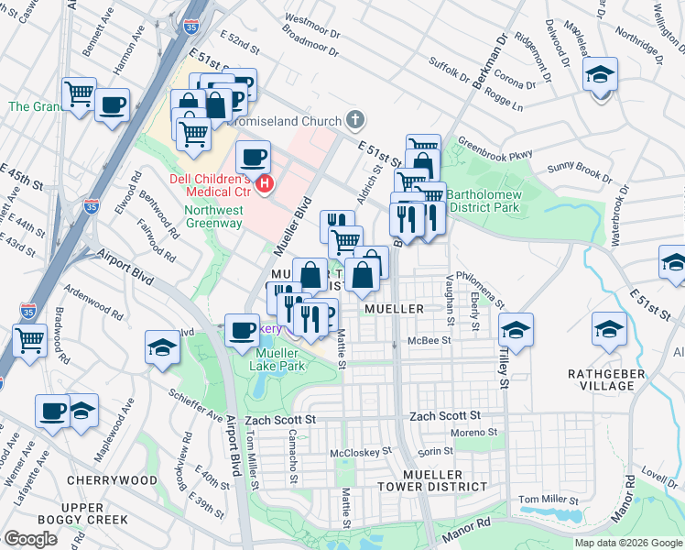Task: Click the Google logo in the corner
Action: [31, 538]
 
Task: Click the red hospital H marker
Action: [265, 184]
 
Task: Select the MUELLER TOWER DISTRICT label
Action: [429, 493]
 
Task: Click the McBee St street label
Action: [430, 342]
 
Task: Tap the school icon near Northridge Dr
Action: [601, 75]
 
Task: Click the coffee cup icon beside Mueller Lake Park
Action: [243, 330]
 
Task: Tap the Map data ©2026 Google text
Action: [627, 543]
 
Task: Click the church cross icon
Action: [354, 120]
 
